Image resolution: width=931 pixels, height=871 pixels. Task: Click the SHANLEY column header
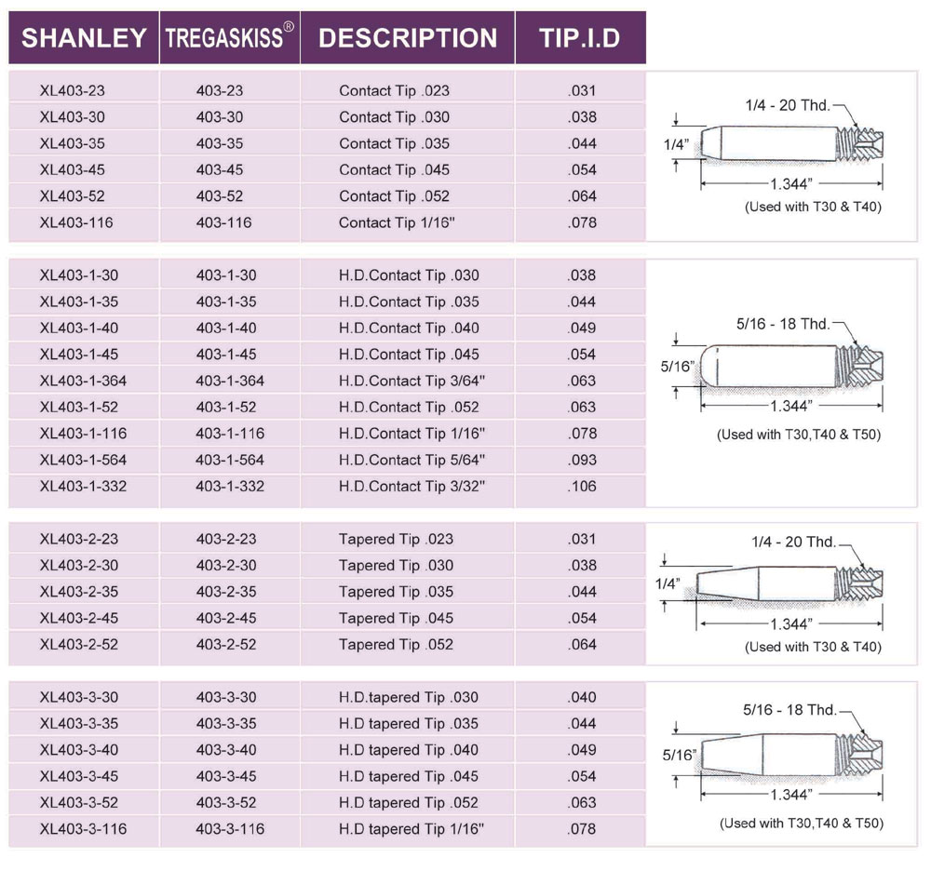84,38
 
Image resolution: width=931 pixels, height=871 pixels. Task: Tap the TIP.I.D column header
579,38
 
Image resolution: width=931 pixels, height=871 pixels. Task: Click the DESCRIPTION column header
408,38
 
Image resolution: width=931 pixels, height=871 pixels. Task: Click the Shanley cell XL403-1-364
84,381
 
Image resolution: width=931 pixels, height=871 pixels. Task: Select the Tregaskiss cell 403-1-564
230,460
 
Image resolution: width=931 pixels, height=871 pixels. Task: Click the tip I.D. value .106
581,486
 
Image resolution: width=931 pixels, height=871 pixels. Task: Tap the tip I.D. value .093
581,460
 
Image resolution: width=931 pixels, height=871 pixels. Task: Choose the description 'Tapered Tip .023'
396,539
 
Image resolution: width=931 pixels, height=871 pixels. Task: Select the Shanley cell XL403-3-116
84,828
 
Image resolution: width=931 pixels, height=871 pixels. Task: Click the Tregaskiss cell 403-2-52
226,644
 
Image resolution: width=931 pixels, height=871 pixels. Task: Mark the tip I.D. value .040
581,697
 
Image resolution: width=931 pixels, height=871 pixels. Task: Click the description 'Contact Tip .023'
394,91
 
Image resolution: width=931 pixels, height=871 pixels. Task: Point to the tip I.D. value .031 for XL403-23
581,91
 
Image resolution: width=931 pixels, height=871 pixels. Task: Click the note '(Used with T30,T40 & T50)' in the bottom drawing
801,823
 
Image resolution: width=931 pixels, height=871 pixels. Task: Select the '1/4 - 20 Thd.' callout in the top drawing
787,106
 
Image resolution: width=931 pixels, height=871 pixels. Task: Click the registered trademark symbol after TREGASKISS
289,28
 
